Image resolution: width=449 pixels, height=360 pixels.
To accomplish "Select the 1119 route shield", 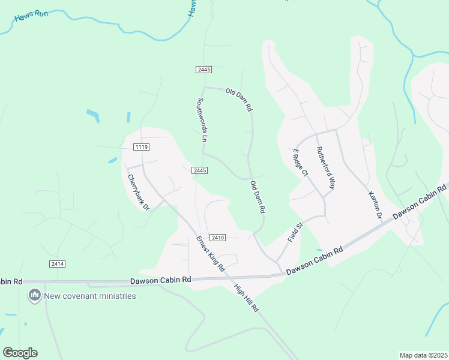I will pos(142,147).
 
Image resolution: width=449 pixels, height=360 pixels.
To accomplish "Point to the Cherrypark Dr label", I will pos(137,192).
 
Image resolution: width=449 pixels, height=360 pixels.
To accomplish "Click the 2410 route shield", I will pos(217,238).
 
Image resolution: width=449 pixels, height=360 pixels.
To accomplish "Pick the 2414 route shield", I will pos(57,264).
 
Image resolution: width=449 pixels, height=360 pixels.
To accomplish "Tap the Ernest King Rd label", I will pos(210,253).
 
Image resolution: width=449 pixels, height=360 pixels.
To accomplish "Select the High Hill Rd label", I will pos(246,298).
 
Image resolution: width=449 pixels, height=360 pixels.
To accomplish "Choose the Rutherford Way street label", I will pos(325,168).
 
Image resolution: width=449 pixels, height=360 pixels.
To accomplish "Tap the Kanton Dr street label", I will pos(374,205).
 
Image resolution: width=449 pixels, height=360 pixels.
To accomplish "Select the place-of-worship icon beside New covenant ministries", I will pos(34,296).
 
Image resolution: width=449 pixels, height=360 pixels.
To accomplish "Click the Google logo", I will pos(20,353).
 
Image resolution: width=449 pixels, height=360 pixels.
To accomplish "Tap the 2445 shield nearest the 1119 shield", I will pos(200,171).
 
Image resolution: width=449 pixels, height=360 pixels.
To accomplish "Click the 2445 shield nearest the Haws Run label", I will pos(203,70).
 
